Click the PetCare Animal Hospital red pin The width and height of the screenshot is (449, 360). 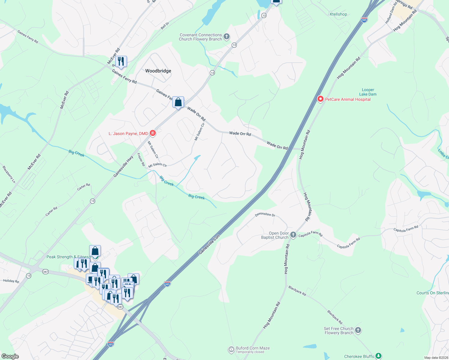click(x=320, y=99)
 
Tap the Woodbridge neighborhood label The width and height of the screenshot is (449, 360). click(x=158, y=71)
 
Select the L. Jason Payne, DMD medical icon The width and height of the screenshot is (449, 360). click(x=153, y=133)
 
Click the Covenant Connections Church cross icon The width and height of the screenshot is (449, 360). click(x=227, y=37)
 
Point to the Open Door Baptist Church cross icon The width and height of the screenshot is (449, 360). click(x=293, y=235)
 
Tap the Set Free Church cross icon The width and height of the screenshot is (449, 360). click(x=358, y=330)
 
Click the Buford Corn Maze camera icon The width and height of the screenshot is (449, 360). click(x=231, y=349)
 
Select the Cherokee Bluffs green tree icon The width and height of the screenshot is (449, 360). click(x=378, y=356)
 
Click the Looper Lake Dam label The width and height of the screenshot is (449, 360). click(x=368, y=92)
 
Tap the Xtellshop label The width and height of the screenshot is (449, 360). click(x=338, y=14)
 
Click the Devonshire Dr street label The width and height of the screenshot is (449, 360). click(x=265, y=214)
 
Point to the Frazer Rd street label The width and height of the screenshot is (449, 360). click(x=141, y=160)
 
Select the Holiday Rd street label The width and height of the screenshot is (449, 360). click(x=11, y=281)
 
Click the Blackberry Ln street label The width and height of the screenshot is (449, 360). click(x=9, y=174)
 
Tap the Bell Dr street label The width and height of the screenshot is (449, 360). click(x=165, y=26)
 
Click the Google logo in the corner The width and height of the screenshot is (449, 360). click(x=10, y=356)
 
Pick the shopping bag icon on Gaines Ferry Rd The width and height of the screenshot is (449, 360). click(x=178, y=102)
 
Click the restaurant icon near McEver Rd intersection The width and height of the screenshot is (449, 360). click(x=121, y=61)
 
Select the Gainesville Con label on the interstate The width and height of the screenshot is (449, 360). click(x=209, y=244)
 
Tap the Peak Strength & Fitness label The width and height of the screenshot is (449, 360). click(x=68, y=257)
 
